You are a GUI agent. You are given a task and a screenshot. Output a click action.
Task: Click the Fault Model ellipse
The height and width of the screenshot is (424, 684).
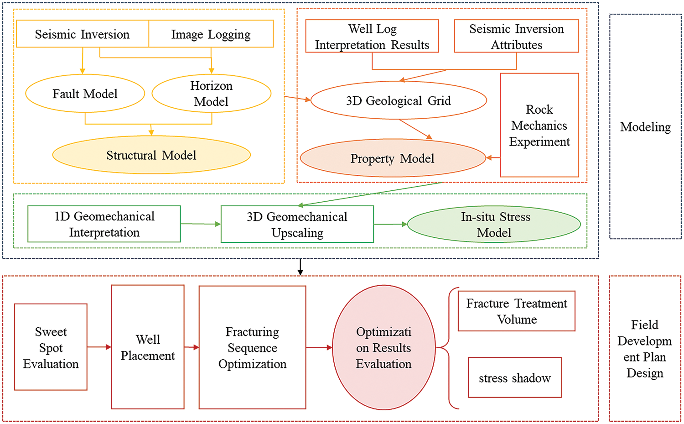click(x=85, y=94)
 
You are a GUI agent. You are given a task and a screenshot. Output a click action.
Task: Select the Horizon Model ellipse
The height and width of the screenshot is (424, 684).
click(x=211, y=94)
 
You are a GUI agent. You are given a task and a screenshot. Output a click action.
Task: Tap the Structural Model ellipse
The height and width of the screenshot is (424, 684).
click(x=151, y=155)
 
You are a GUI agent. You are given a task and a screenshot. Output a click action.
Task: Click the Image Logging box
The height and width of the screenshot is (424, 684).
click(x=211, y=34)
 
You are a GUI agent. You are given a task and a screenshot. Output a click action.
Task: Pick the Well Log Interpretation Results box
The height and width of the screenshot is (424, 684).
click(x=372, y=37)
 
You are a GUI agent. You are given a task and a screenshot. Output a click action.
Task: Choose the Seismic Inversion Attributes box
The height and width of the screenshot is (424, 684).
click(x=516, y=37)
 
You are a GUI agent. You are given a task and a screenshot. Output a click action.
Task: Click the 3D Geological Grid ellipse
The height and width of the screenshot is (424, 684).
click(x=399, y=100)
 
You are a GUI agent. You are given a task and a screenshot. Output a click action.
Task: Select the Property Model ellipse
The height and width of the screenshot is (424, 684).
click(x=393, y=158)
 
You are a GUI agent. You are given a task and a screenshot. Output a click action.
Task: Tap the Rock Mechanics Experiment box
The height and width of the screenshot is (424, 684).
click(x=539, y=125)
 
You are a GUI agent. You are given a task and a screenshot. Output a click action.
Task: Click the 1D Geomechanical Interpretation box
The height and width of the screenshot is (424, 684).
click(x=104, y=224)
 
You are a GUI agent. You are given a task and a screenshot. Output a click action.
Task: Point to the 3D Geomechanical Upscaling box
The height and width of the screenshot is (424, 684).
click(x=297, y=225)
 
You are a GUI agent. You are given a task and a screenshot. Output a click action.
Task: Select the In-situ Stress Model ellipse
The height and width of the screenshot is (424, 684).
click(x=494, y=225)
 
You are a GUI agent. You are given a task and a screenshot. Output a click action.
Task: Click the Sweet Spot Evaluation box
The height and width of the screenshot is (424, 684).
click(x=51, y=347)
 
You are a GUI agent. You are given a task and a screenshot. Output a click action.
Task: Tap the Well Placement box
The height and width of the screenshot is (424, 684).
click(x=148, y=347)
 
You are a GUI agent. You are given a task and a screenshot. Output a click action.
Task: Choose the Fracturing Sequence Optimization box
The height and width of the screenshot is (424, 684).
click(x=252, y=347)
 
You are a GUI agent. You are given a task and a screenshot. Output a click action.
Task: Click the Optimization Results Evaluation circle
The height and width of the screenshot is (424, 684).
click(x=384, y=347)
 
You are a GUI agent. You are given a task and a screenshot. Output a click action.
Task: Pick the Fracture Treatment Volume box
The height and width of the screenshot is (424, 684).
click(x=516, y=311)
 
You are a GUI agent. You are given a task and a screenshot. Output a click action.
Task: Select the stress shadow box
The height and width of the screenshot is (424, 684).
click(x=514, y=377)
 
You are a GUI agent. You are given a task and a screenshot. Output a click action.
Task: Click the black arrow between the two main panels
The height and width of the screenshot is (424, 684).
click(x=300, y=267)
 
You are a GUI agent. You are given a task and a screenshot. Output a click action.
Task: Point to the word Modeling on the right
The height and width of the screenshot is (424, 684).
click(x=645, y=126)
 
